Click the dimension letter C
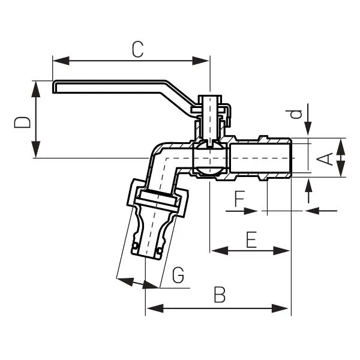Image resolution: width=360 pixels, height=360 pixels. pos(137,49)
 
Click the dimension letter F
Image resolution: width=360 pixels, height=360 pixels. pos(239,198)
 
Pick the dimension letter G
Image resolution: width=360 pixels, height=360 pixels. pos(178,275)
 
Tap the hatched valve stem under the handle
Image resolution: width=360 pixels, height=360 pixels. pos(209,117)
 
